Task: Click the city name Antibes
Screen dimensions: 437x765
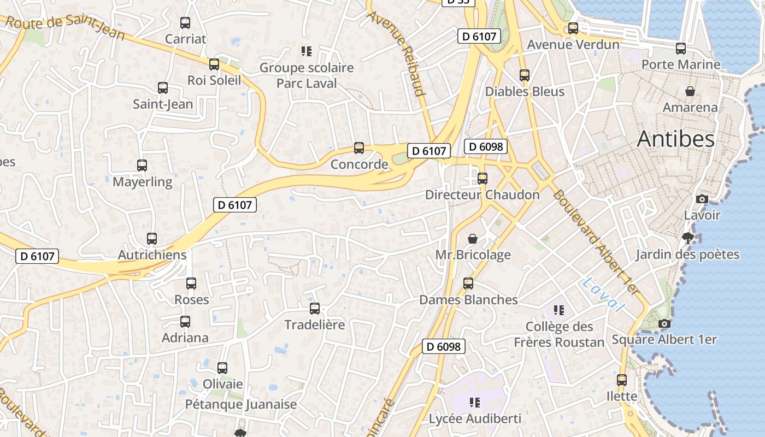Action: (x=675, y=139)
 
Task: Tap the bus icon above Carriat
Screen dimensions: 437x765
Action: (x=185, y=23)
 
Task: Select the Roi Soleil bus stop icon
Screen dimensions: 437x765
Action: (x=214, y=64)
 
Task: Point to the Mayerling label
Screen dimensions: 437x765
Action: (x=142, y=181)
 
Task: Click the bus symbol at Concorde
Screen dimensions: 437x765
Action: (x=359, y=148)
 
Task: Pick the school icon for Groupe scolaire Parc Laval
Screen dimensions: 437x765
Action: (x=307, y=51)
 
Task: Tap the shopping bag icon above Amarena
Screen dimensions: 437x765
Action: (x=690, y=91)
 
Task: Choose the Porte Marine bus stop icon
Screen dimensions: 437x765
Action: (x=681, y=49)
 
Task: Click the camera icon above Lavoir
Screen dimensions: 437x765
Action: (x=702, y=199)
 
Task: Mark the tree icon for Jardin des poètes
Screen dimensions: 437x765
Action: (x=688, y=238)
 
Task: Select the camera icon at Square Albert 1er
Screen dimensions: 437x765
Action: (x=664, y=323)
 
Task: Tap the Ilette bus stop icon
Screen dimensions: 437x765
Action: (x=622, y=380)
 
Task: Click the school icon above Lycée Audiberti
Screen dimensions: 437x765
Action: (x=475, y=403)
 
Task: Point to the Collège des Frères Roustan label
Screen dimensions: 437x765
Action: (x=559, y=334)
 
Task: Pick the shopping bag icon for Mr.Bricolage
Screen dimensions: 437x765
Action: (x=473, y=239)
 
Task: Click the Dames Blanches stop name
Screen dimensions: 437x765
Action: (x=468, y=299)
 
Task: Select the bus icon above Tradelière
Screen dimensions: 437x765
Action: (x=315, y=309)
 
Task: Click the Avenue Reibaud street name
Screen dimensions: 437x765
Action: (x=397, y=52)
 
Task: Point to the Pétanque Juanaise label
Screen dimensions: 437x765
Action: (x=240, y=404)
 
